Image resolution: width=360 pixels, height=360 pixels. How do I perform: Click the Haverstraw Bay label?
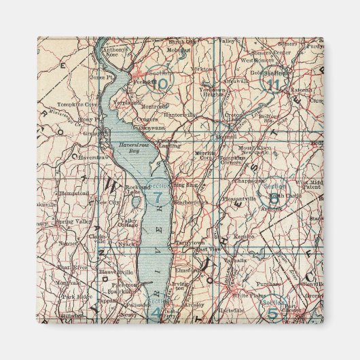[x=128, y=146]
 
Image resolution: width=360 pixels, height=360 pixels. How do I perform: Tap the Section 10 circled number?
[x=161, y=84]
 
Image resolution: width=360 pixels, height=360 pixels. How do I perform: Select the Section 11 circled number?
[x=273, y=84]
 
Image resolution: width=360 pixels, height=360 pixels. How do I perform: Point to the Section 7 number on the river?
[x=158, y=198]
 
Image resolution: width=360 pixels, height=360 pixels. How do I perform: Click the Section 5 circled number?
[x=272, y=312]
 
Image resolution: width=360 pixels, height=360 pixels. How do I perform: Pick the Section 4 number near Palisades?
[x=156, y=312]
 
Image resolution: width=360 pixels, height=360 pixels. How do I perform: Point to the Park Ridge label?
[x=76, y=297]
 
